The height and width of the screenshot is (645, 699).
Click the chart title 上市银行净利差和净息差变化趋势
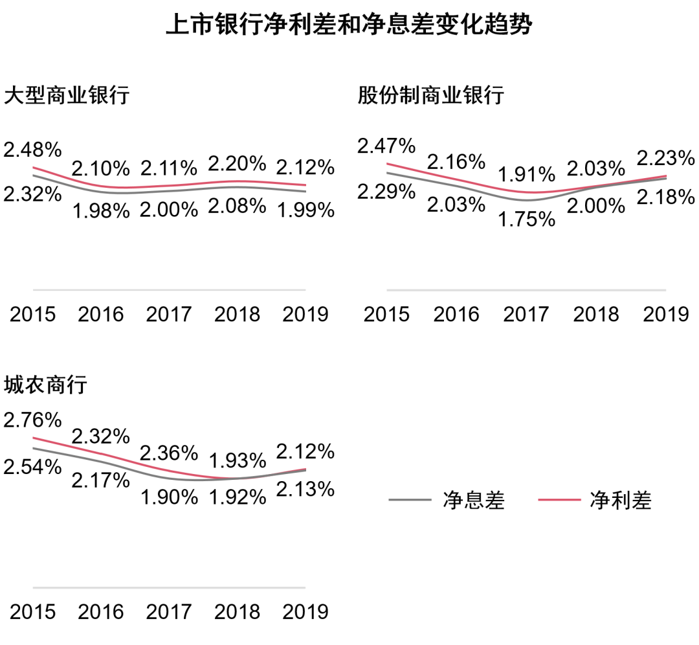[x=349, y=25]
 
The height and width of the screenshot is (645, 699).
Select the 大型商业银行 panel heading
[x=67, y=96]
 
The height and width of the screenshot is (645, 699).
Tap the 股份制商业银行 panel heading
[x=430, y=96]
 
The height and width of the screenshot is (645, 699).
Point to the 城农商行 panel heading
[x=45, y=385]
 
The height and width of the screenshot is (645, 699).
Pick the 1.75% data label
[x=526, y=220]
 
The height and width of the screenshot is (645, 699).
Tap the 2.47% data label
[x=386, y=146]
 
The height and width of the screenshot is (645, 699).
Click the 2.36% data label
[x=169, y=451]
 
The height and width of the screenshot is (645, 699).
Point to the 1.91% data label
[x=526, y=175]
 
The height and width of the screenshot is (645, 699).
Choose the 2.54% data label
[x=32, y=466]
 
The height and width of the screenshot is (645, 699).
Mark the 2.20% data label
[x=237, y=162]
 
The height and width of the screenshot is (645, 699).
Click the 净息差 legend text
[x=473, y=501]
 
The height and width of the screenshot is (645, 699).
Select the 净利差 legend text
[x=620, y=501]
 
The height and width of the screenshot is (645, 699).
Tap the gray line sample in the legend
[x=410, y=500]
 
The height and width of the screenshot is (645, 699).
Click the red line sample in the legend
[x=559, y=500]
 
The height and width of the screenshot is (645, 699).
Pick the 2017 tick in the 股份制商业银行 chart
[x=526, y=315]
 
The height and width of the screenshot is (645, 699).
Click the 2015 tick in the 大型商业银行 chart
[x=32, y=315]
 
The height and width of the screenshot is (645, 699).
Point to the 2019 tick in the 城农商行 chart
[x=305, y=611]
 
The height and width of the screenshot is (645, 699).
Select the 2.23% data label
[x=666, y=157]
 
